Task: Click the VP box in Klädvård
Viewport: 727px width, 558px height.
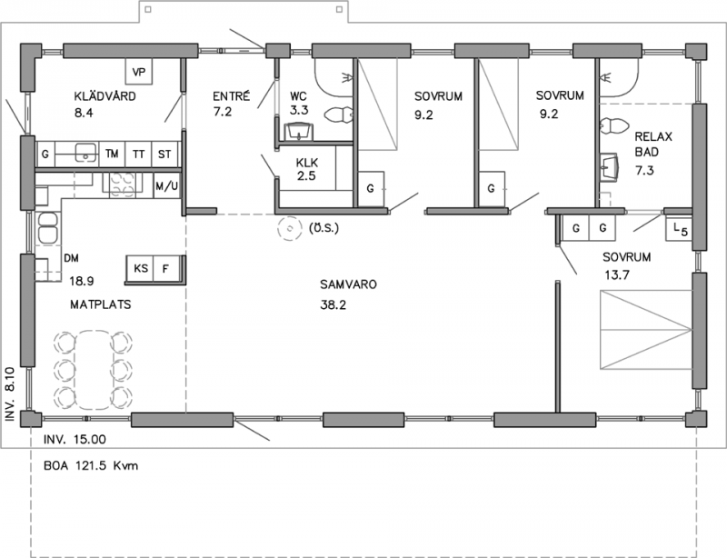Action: (139, 71)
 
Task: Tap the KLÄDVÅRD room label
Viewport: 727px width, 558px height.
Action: (105, 96)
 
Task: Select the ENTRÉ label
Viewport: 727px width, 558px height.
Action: (232, 95)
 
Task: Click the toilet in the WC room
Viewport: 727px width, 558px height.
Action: (339, 115)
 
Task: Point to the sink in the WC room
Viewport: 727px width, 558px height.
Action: (298, 132)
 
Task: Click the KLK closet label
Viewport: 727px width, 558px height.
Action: (307, 163)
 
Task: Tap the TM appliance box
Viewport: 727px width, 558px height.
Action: (112, 154)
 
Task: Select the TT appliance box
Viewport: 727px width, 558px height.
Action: (138, 154)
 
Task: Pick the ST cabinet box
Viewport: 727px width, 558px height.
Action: (164, 154)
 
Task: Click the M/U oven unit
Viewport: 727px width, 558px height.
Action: (166, 186)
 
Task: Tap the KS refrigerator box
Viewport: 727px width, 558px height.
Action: (140, 268)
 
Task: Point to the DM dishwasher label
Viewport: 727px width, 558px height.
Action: (71, 258)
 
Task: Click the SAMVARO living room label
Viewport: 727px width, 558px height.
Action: (348, 284)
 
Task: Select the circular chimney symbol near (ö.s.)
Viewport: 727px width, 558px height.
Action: (290, 229)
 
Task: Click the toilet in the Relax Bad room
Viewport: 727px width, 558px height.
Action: (613, 126)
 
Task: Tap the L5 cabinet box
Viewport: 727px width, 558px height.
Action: (679, 229)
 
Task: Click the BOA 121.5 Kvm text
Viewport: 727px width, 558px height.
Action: (91, 465)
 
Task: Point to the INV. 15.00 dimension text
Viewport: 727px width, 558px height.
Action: (75, 439)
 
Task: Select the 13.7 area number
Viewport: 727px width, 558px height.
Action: (617, 275)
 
